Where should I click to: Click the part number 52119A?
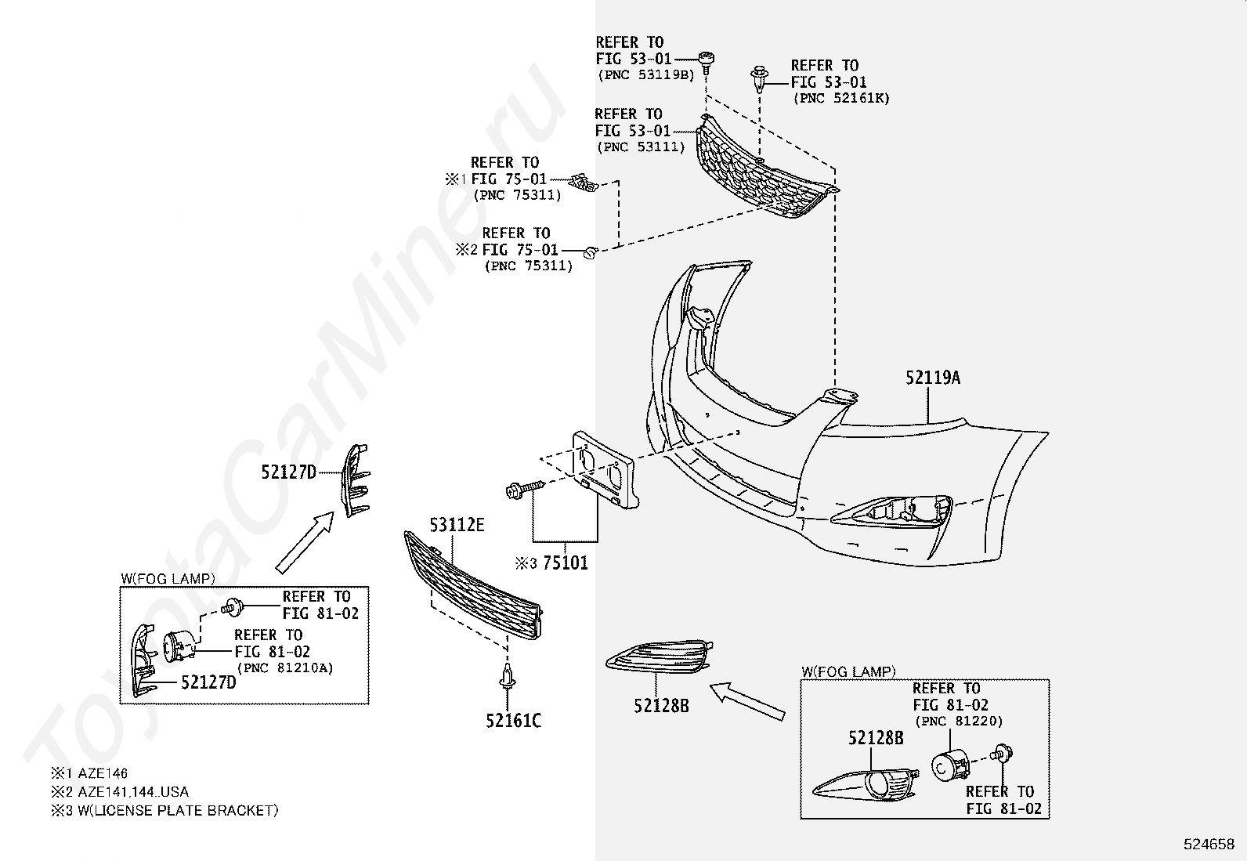point(932,378)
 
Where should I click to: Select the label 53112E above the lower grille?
point(457,524)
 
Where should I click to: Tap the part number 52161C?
point(513,720)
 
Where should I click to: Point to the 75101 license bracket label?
point(566,563)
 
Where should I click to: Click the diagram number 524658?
point(1208,845)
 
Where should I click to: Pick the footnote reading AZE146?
point(103,773)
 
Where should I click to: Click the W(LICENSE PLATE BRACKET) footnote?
point(178,810)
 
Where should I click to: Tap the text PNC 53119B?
point(646,75)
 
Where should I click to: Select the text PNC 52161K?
point(841,99)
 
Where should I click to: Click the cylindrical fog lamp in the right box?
point(949,764)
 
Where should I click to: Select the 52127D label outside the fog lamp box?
point(288,472)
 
